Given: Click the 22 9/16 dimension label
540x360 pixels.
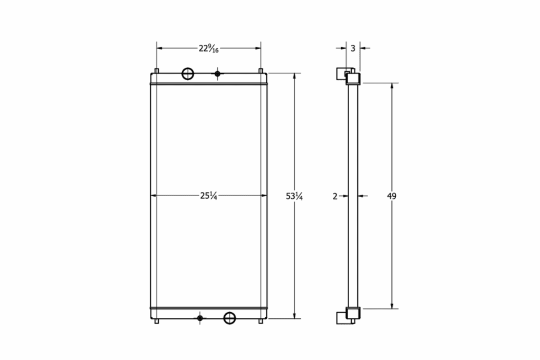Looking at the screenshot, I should pyautogui.click(x=209, y=48).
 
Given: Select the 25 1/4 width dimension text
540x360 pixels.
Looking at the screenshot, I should pyautogui.click(x=209, y=196).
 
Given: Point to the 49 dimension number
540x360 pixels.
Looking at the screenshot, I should pyautogui.click(x=391, y=196).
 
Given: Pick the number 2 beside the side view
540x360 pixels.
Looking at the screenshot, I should pyautogui.click(x=335, y=196).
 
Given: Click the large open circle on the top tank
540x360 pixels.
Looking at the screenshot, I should pyautogui.click(x=188, y=74).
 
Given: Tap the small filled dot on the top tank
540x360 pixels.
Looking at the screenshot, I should pyautogui.click(x=217, y=74).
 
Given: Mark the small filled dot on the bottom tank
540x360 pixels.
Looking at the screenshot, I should pyautogui.click(x=200, y=317).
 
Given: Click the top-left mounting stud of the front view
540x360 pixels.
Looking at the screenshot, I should pyautogui.click(x=157, y=71).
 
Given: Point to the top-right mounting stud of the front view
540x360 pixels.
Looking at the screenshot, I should pyautogui.click(x=261, y=71).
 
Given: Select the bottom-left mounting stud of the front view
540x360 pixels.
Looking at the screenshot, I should pyautogui.click(x=157, y=321).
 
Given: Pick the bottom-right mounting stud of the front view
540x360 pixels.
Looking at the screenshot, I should pyautogui.click(x=261, y=321).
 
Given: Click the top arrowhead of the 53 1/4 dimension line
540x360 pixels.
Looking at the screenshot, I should pyautogui.click(x=295, y=76).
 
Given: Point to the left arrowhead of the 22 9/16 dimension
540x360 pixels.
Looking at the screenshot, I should pyautogui.click(x=160, y=48).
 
